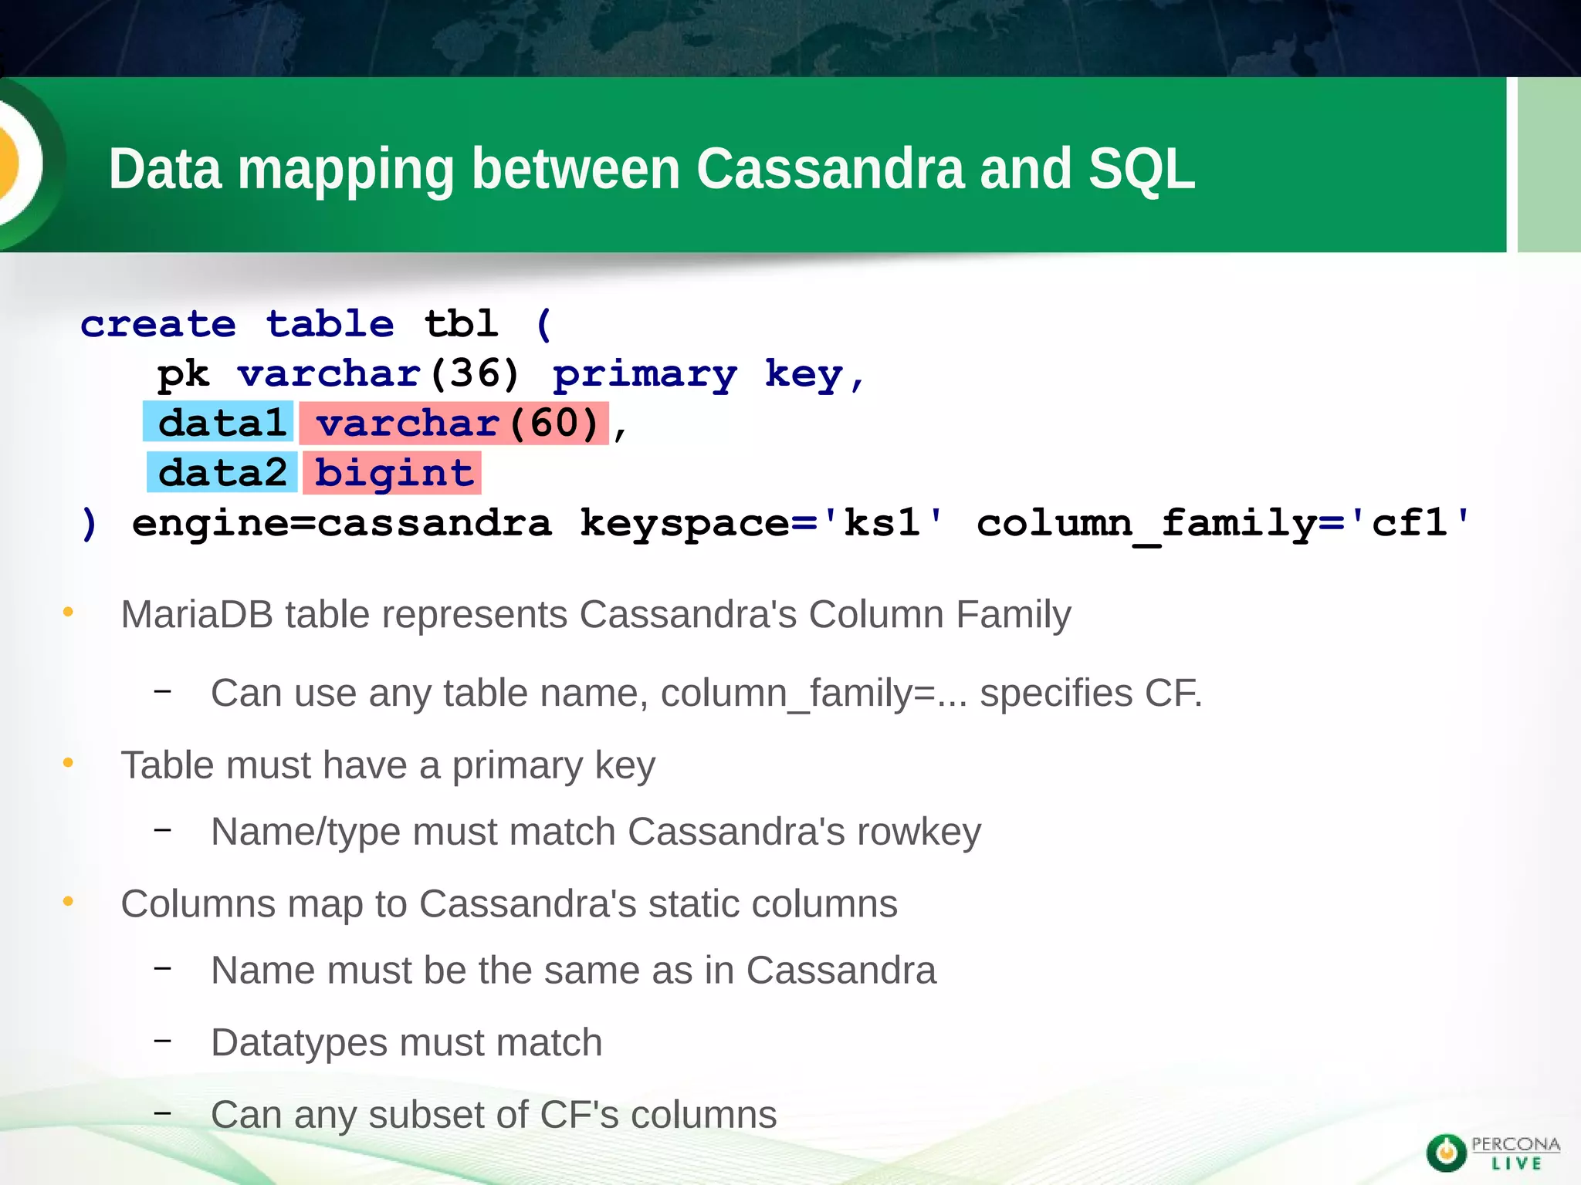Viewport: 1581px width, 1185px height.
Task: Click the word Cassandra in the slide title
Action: click(830, 169)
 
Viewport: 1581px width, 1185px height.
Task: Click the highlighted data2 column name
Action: click(222, 473)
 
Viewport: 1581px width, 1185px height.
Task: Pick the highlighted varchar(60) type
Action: click(455, 423)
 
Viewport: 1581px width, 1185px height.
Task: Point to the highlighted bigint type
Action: click(393, 473)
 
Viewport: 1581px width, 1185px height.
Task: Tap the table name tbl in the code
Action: click(461, 324)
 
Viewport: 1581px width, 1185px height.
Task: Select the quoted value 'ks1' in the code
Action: click(882, 523)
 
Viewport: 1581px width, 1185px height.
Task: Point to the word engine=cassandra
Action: click(342, 523)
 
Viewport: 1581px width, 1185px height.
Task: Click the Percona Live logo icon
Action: click(1446, 1153)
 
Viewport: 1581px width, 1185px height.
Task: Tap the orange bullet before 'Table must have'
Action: click(68, 764)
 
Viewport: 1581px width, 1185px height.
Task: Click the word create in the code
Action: click(158, 324)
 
